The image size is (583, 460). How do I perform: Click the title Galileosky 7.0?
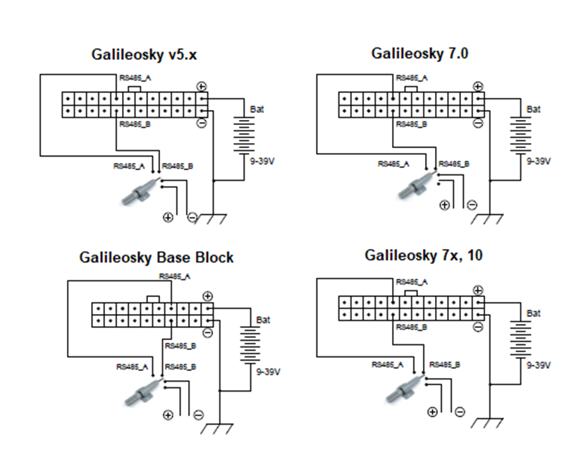click(x=419, y=54)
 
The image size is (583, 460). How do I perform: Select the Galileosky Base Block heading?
click(x=156, y=258)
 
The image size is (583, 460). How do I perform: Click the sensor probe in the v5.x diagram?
click(x=140, y=192)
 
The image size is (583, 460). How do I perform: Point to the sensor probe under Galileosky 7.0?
click(x=416, y=185)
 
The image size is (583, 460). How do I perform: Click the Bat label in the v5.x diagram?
click(x=257, y=109)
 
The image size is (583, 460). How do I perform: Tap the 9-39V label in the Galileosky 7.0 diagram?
click(x=539, y=161)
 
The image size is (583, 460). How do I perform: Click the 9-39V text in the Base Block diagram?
click(x=269, y=372)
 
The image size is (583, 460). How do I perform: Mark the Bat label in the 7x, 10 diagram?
click(x=534, y=313)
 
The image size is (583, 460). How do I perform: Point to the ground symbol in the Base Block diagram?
click(x=220, y=427)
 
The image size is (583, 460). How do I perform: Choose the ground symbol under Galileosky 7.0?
click(x=490, y=216)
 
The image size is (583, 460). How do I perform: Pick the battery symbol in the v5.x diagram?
click(x=244, y=134)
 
